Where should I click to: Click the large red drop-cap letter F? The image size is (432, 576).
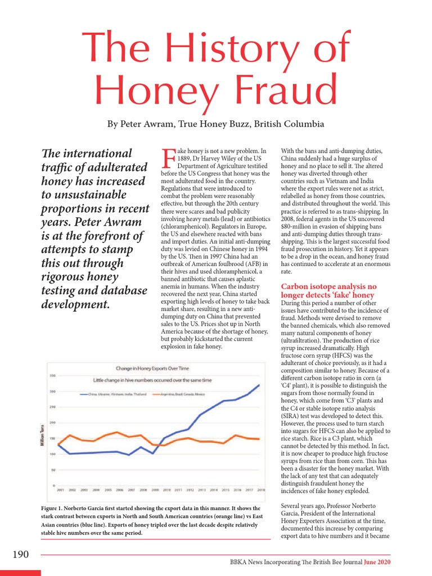[x=169, y=159]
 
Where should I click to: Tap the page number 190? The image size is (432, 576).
[x=20, y=555]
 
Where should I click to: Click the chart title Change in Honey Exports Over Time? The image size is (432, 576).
[x=152, y=369]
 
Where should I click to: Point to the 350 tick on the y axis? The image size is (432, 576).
[x=52, y=376]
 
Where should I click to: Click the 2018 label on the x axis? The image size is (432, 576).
[x=261, y=490]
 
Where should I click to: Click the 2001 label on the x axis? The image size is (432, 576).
[x=60, y=490]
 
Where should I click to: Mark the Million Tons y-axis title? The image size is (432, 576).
[x=42, y=436]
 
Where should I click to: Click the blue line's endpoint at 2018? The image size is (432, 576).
[x=259, y=385]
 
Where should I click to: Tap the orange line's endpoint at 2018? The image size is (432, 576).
[x=259, y=439]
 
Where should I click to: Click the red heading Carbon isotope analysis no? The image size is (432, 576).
[x=328, y=287]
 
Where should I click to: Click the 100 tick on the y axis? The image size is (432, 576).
[x=52, y=454]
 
